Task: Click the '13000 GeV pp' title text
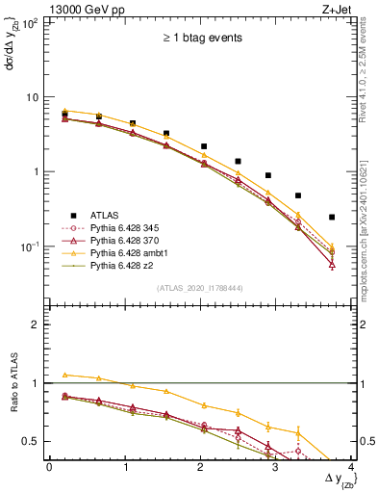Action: point(85,9)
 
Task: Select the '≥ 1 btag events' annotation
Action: point(202,39)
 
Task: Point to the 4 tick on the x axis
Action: point(353,466)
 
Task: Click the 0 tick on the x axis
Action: point(49,466)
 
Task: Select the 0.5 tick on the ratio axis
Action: point(34,441)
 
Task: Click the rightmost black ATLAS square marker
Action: point(332,217)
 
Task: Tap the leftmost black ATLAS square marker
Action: point(64,114)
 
